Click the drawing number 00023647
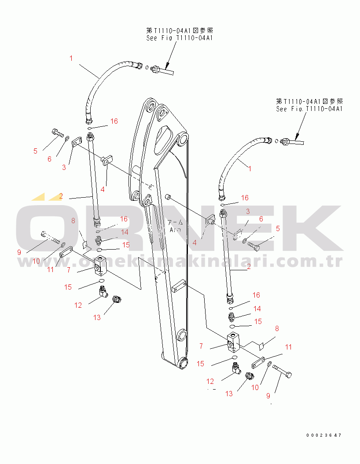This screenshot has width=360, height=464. point(324,435)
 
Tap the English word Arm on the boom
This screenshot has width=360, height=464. point(176,229)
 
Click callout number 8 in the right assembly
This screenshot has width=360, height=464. point(277,328)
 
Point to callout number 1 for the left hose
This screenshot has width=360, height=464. point(71,58)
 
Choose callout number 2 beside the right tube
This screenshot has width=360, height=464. point(249,266)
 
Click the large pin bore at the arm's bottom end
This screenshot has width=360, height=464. point(182,364)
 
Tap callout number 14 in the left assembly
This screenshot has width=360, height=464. point(125,232)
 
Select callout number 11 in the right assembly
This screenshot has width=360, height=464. point(288,347)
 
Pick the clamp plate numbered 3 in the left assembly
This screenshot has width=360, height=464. point(77,141)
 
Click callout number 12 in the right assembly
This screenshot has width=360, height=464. point(211,382)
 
